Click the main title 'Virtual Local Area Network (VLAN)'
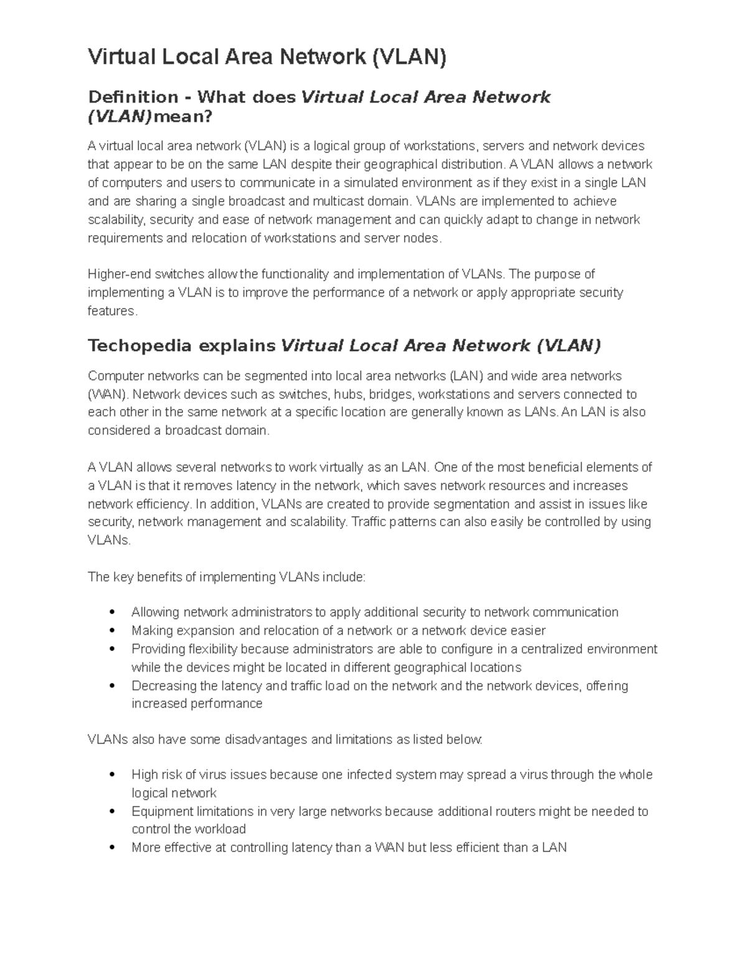[267, 57]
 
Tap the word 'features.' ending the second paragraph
[112, 311]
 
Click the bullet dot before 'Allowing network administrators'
[113, 613]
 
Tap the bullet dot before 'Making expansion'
[113, 631]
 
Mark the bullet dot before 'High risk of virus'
[113, 775]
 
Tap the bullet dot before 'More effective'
[113, 848]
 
